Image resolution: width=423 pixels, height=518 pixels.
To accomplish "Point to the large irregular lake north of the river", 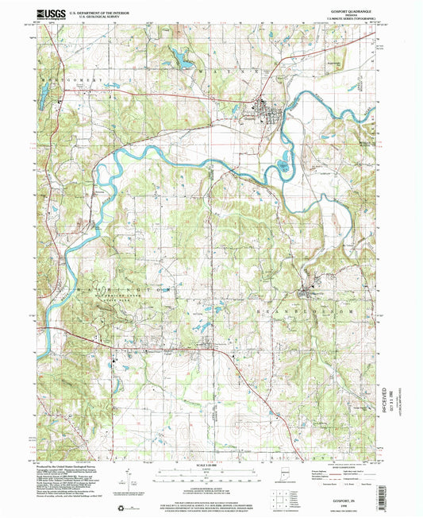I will tap(179, 58).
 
